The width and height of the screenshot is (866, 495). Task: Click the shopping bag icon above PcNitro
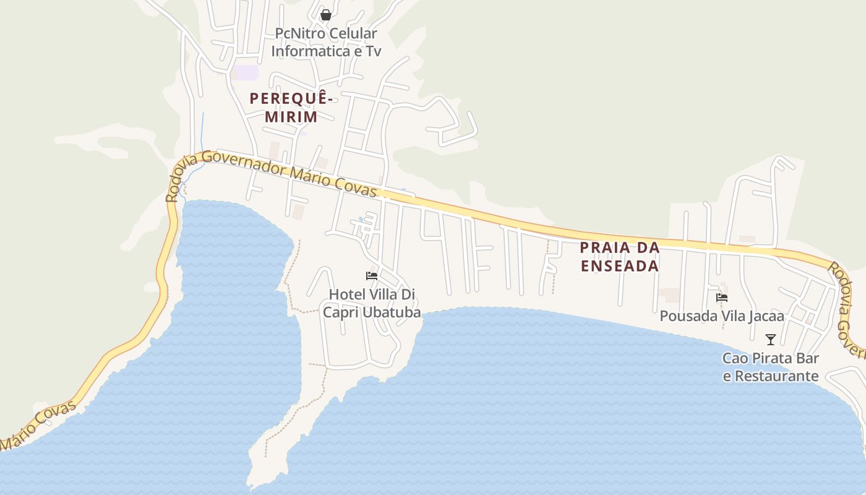point(326,15)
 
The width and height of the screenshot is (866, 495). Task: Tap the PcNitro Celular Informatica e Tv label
point(326,42)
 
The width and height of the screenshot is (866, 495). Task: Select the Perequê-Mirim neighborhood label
point(291,107)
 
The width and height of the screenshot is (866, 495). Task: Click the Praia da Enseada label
point(619,257)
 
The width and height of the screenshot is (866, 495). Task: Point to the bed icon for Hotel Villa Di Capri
point(372,275)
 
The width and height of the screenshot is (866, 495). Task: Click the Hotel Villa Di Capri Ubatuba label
point(372,303)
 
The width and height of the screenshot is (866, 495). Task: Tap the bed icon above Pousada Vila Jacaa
point(722,298)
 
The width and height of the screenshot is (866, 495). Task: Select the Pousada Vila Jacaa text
point(722,316)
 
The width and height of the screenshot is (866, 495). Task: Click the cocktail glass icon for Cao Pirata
point(771,340)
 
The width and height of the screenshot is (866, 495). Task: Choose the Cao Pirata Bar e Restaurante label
point(771,367)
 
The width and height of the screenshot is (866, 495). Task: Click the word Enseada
point(619,266)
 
